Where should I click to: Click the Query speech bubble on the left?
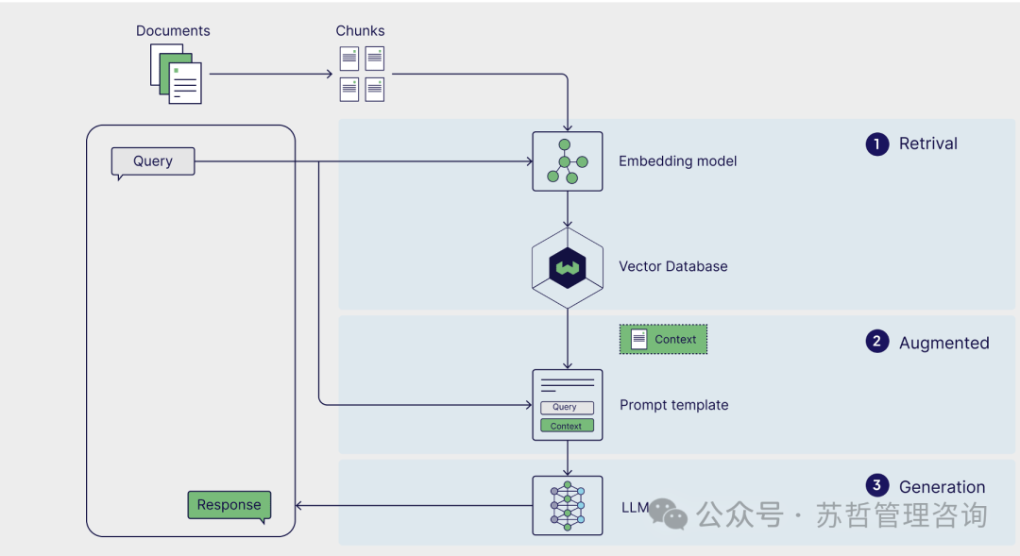click(153, 161)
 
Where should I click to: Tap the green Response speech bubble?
click(229, 505)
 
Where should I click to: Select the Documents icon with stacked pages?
click(177, 74)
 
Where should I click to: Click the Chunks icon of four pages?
click(362, 74)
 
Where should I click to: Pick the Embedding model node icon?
click(567, 161)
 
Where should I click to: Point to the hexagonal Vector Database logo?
click(567, 268)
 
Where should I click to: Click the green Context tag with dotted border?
click(663, 340)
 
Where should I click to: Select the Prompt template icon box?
click(567, 405)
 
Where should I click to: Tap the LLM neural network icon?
click(567, 505)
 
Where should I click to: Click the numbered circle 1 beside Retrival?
click(877, 144)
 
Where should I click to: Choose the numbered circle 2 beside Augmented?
click(877, 342)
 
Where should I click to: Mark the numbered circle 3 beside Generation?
click(877, 486)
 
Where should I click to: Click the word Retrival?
click(928, 144)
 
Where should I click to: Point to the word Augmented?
click(943, 344)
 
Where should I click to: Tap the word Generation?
click(942, 487)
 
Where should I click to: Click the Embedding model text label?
click(677, 161)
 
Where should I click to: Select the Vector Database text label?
click(672, 267)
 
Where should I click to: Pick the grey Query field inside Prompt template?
click(567, 408)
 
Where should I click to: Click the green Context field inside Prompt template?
click(567, 426)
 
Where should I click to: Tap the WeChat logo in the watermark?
click(669, 514)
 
